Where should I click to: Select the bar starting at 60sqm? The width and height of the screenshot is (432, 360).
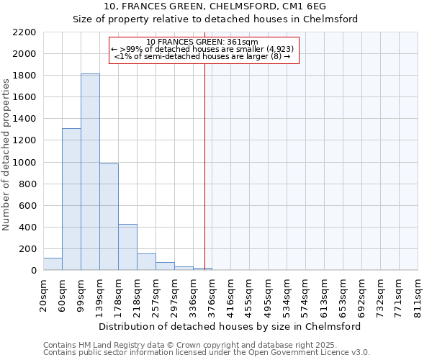pos(71,199)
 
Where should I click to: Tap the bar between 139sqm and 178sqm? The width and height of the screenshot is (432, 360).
pos(109,217)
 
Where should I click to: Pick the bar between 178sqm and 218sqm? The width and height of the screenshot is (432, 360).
pos(127,247)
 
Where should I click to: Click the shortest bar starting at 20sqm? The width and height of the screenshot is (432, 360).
pos(53,264)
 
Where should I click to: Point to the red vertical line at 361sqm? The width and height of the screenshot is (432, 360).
pos(204,158)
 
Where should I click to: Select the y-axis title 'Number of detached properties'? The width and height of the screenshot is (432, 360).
pos(6,151)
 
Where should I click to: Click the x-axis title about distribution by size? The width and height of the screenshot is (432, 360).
pos(230,326)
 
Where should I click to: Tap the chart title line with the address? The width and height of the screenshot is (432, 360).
pos(215,6)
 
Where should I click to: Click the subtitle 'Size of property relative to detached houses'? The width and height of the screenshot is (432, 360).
pos(215,19)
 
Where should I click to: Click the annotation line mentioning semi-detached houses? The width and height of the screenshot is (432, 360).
pos(202,56)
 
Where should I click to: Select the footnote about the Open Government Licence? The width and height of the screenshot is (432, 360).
pos(207,353)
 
